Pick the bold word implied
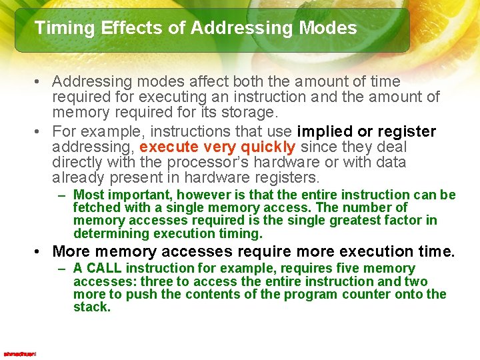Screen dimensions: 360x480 click(x=330, y=131)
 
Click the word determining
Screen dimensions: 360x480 click(x=111, y=233)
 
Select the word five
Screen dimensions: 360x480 click(x=357, y=268)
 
